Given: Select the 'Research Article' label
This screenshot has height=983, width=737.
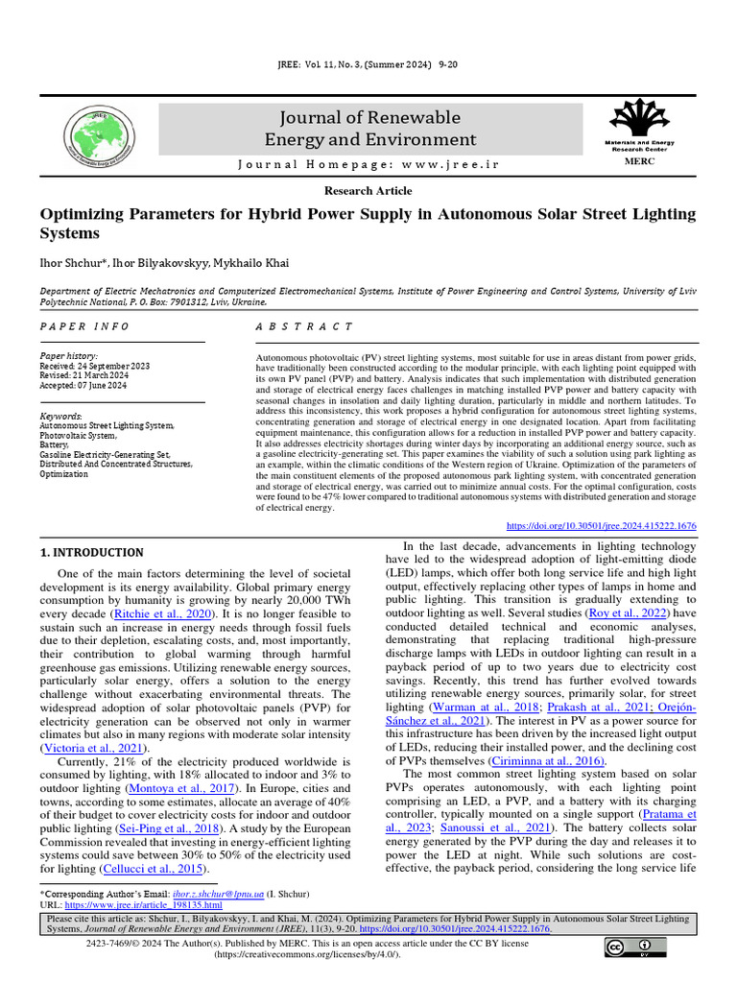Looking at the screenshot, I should coord(368,191).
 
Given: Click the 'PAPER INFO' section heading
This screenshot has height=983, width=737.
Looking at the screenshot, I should coord(84,326).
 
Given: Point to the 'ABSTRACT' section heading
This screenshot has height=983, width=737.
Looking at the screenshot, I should coord(304,326).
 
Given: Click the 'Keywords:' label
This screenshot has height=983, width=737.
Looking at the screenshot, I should coord(61,416).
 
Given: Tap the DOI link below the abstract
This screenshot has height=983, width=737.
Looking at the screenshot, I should coord(601,526).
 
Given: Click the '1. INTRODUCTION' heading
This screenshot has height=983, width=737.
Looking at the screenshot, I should coord(92,553).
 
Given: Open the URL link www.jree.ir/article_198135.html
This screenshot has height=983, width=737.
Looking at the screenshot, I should coord(144,904).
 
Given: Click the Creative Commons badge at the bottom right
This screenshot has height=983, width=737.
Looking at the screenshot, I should coord(635,948).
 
